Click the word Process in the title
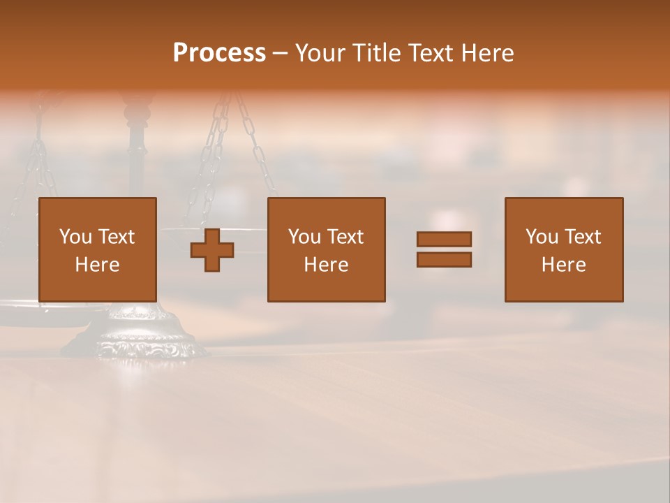219,53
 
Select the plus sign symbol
212,250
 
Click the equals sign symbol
444,249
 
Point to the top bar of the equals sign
444,239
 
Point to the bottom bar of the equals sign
444,260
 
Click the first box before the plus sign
98,249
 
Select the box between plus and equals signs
326,249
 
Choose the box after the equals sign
564,249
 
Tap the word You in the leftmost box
75,237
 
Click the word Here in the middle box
326,265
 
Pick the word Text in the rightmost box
583,237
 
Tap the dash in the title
280,53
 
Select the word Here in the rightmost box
564,265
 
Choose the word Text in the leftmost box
117,237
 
